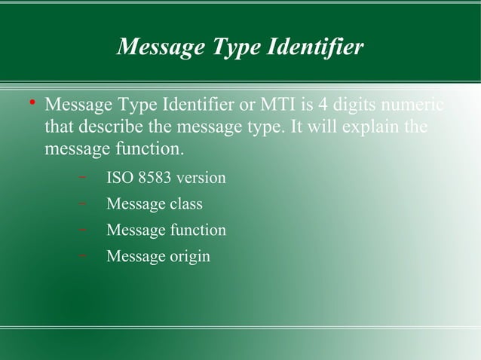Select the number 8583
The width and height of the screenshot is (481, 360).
click(151, 178)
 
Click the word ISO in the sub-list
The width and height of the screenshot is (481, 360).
click(118, 178)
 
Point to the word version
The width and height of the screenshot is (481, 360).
click(200, 178)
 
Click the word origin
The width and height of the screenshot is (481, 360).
click(189, 256)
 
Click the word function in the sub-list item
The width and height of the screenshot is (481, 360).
click(197, 230)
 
